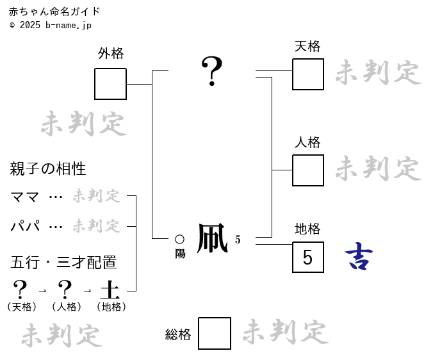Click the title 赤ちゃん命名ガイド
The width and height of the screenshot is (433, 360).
click(54, 12)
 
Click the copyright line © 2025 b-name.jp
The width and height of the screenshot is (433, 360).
click(51, 25)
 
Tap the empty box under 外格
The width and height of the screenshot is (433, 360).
click(110, 84)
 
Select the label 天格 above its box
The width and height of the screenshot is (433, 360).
click(307, 46)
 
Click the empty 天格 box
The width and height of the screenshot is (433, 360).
click(308, 74)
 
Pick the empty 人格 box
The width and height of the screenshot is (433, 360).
click(308, 170)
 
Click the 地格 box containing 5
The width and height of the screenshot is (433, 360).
click(308, 258)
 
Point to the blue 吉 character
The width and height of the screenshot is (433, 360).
click(359, 257)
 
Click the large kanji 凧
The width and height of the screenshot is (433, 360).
click(212, 239)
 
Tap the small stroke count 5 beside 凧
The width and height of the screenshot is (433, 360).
click(238, 240)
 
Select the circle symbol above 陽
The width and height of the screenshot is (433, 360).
click(180, 240)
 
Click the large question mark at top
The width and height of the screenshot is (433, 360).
click(212, 70)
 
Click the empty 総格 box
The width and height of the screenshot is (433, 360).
click(215, 334)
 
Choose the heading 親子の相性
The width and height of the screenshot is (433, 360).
click(48, 169)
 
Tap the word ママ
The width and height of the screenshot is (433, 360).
click(25, 197)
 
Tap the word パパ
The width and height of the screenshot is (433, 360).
click(25, 226)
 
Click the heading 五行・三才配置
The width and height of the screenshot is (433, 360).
click(63, 263)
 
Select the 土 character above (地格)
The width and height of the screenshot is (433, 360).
click(110, 290)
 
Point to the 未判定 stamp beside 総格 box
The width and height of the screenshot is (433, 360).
click(285, 332)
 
